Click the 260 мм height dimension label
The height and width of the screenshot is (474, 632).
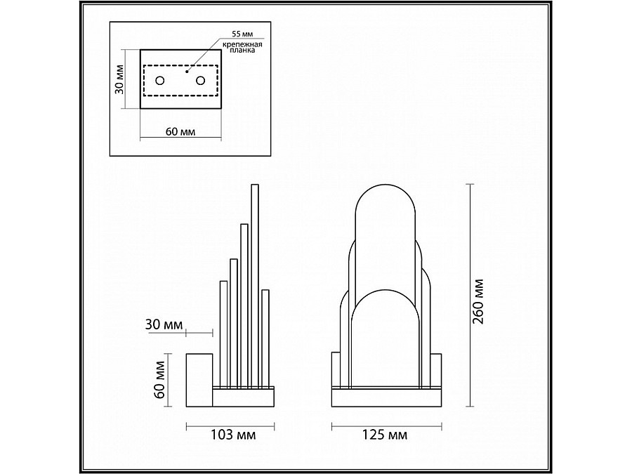(x=478, y=301)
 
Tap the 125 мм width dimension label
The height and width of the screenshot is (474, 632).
(x=385, y=435)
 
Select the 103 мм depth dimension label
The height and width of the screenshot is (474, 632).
(x=233, y=435)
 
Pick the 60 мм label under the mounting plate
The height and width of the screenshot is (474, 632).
(x=180, y=132)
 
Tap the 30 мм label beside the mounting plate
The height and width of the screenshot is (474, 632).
(x=119, y=79)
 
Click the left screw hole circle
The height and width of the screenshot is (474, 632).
(x=160, y=81)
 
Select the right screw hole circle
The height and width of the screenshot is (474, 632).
(x=200, y=81)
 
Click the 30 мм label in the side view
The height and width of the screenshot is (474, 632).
(x=164, y=324)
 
